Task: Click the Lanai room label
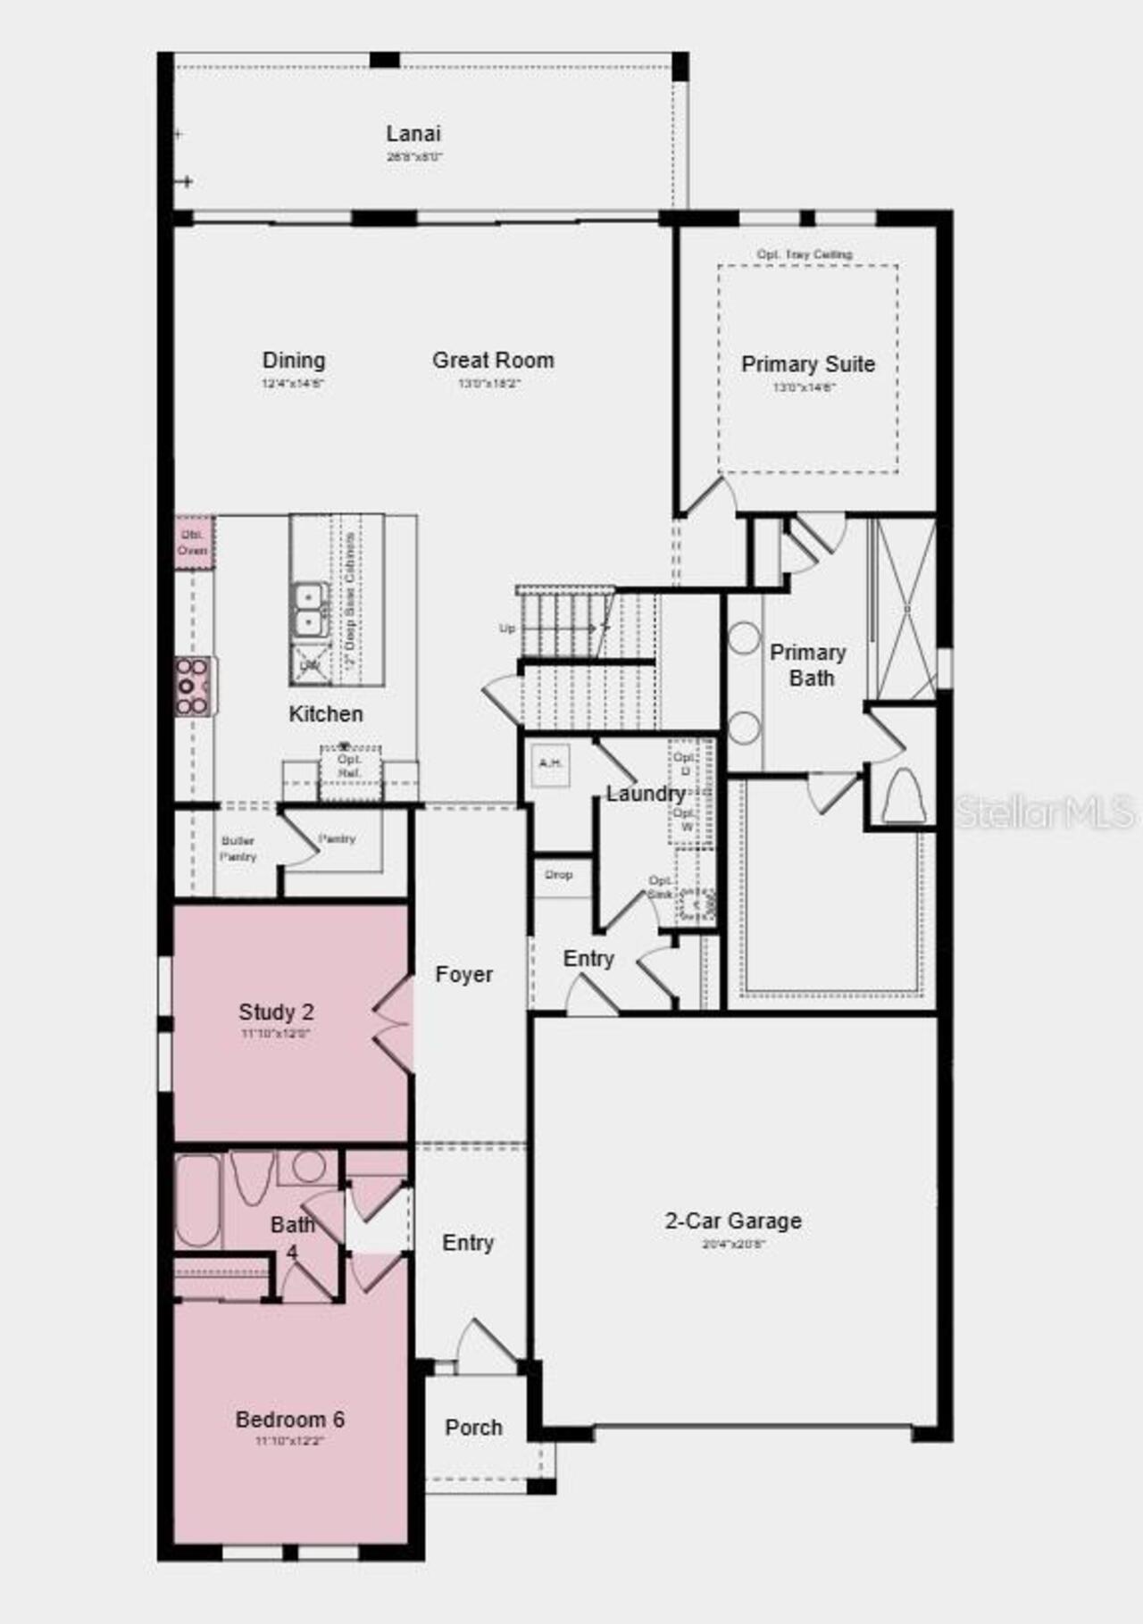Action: (413, 134)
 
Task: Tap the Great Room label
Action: (493, 360)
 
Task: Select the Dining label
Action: (293, 360)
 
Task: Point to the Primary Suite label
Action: (807, 364)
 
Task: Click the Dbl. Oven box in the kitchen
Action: (193, 542)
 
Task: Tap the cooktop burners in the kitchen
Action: (192, 687)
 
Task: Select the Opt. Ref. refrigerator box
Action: (349, 766)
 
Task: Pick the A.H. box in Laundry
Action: (550, 764)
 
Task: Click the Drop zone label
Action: (559, 875)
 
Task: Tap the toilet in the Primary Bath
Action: (902, 795)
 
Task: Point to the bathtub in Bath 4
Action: (197, 1202)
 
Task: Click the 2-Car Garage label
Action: (732, 1220)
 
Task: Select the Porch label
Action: (473, 1428)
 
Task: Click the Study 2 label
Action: (276, 1012)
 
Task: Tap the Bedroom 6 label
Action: (289, 1420)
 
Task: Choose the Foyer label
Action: (463, 974)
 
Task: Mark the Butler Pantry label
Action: (238, 848)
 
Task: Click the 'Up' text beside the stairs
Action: (506, 629)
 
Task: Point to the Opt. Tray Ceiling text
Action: (804, 254)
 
